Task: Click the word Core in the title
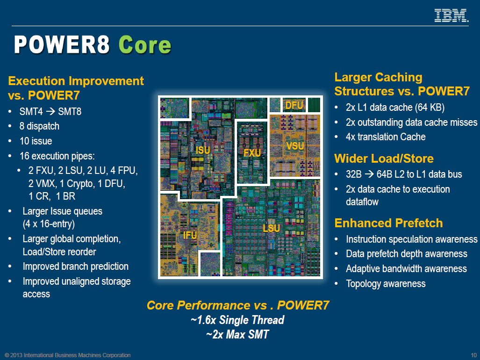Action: [x=145, y=45]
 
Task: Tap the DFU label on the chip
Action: [x=294, y=106]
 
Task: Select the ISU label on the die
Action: [x=203, y=150]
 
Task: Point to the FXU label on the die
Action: [x=252, y=153]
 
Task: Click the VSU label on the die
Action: [x=295, y=146]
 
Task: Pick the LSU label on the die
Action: [x=271, y=228]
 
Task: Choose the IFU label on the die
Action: [x=190, y=235]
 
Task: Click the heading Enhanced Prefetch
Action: [x=388, y=223]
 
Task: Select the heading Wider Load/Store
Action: [x=384, y=158]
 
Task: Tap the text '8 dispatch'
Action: [x=39, y=126]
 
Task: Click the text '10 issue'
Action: [x=36, y=141]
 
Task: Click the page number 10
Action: [x=474, y=355]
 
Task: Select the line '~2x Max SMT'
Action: [x=237, y=334]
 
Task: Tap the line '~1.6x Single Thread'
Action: [x=237, y=320]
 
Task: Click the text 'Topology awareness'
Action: [x=386, y=284]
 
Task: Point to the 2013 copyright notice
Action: [x=67, y=355]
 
